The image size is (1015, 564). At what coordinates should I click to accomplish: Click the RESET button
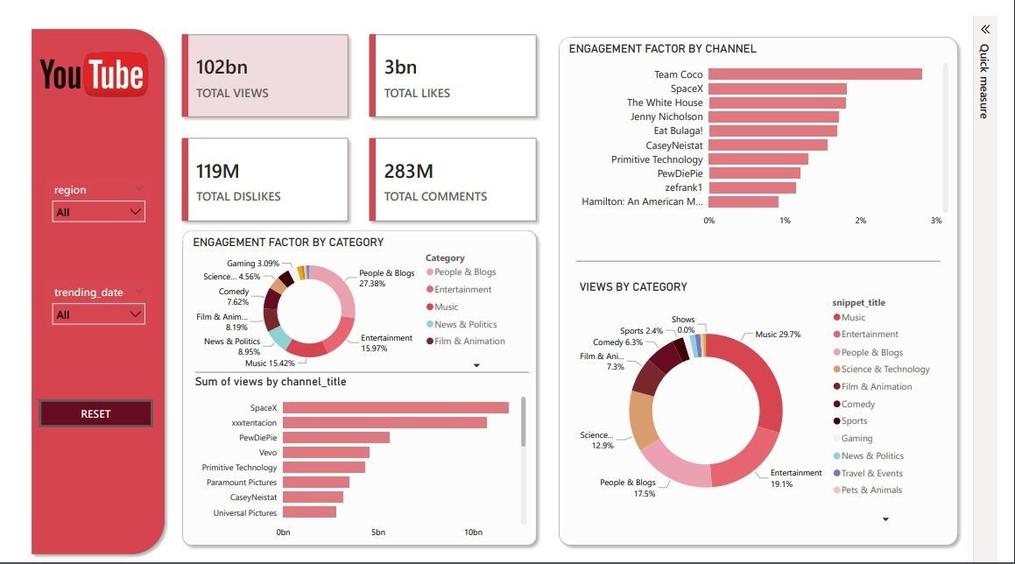[x=95, y=413]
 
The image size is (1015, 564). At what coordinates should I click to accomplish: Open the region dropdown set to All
[x=99, y=212]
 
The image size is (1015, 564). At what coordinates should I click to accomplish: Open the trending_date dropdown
[x=99, y=314]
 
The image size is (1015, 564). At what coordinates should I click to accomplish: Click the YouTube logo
[x=94, y=74]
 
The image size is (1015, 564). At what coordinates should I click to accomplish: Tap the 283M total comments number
[x=408, y=172]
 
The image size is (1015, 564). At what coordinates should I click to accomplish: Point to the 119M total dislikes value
[x=217, y=172]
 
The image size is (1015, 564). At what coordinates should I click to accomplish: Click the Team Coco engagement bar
[x=814, y=74]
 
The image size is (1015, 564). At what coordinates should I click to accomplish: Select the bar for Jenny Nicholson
[x=773, y=116]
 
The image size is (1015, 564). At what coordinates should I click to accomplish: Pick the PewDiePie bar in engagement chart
[x=754, y=173]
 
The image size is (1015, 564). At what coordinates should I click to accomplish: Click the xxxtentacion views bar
[x=384, y=422]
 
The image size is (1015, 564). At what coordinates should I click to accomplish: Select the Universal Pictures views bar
[x=309, y=512]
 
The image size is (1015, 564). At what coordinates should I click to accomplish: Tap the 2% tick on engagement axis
[x=860, y=221]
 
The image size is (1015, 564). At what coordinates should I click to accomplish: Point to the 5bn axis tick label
[x=378, y=532]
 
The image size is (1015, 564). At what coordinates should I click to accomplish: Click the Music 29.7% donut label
[x=778, y=335]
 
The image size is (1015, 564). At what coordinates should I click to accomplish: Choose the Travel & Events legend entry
[x=871, y=473]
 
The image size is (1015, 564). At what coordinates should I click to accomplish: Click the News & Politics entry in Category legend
[x=465, y=324]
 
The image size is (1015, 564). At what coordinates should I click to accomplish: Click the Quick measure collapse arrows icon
[x=985, y=29]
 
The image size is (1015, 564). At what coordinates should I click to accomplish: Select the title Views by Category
[x=633, y=286]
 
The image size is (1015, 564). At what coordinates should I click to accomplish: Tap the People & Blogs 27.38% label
[x=386, y=278]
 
